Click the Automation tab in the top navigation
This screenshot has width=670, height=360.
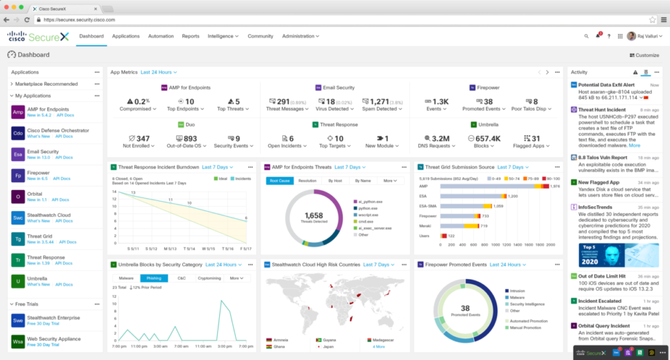161,36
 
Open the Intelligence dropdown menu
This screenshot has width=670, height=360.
222,36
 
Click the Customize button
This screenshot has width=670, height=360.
643,56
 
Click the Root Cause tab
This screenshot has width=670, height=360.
279,180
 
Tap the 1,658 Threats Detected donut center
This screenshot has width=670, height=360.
315,217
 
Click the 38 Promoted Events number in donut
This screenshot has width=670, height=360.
465,308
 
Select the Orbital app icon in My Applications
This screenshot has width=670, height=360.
18,197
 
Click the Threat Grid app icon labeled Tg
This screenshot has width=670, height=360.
18,240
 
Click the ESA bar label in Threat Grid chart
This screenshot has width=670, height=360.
424,196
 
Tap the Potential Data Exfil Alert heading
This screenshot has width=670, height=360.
607,85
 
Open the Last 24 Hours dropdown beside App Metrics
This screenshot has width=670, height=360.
158,72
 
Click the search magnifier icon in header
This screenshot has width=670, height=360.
586,36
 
